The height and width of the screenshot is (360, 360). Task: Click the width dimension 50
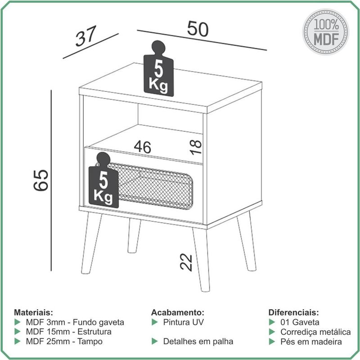[198, 29]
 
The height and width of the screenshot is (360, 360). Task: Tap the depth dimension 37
[85, 36]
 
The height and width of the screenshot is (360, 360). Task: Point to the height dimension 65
[41, 180]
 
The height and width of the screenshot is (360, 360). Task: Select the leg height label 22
[186, 262]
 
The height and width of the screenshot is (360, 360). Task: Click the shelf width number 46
[143, 147]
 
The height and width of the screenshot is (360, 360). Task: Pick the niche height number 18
[196, 147]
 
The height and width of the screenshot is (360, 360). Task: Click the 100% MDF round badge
[325, 32]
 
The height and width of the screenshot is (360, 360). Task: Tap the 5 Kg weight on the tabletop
[158, 69]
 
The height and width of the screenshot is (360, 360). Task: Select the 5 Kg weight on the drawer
[103, 180]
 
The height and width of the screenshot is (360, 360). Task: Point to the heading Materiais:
[33, 312]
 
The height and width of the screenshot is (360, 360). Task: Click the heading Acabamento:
[177, 312]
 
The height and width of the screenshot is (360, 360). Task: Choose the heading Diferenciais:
[294, 312]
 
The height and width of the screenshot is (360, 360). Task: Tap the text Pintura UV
[183, 322]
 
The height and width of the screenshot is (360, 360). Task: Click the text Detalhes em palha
[198, 342]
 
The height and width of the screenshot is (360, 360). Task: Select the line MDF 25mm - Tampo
[64, 342]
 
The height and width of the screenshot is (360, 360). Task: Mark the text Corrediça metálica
[315, 332]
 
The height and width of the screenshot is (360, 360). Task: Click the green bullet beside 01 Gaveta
[272, 322]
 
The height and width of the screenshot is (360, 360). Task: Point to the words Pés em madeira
[311, 342]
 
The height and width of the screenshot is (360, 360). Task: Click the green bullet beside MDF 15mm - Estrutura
[18, 332]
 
